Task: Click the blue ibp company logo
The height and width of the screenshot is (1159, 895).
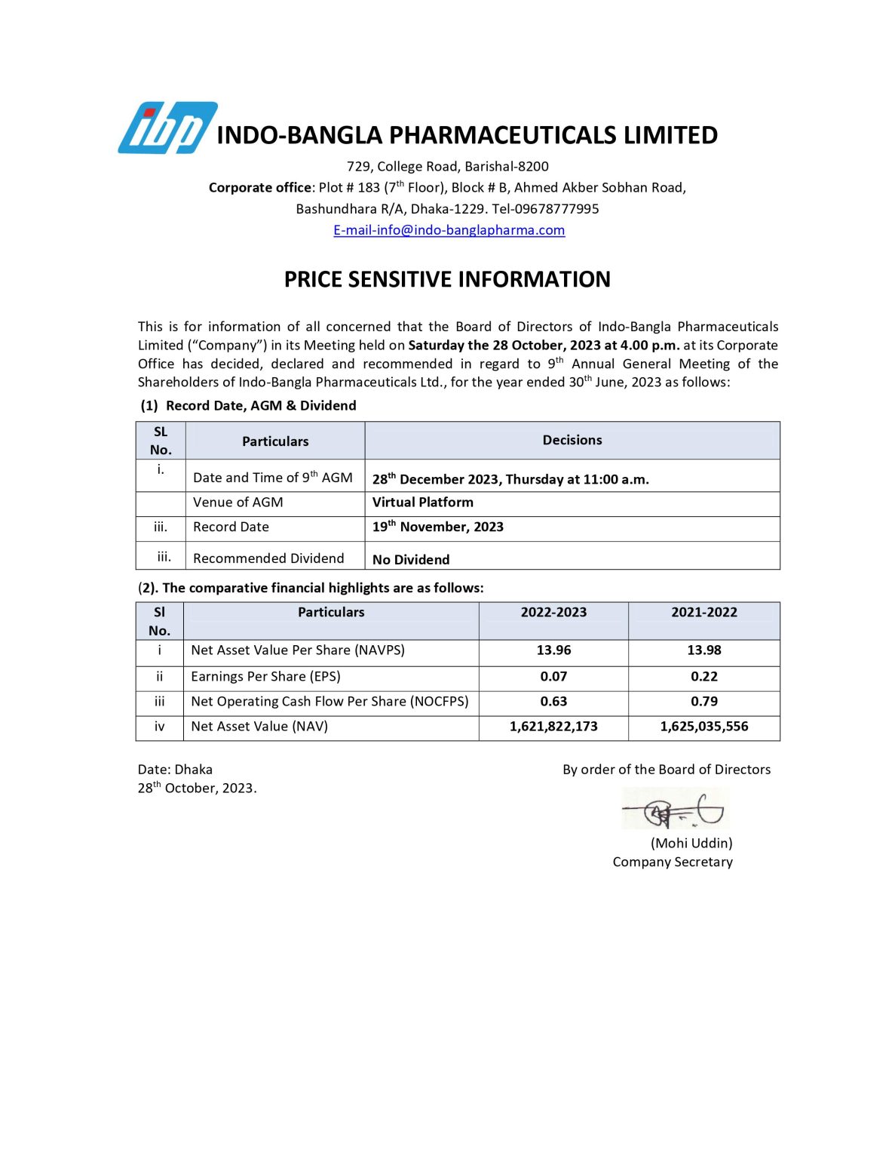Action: coord(167,128)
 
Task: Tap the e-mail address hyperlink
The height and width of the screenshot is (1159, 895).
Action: coord(449,230)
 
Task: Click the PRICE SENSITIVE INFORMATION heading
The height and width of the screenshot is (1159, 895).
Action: coord(447,279)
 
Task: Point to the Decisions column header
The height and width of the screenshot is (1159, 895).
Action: coord(572,440)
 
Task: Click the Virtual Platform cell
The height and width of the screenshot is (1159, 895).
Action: coord(422,503)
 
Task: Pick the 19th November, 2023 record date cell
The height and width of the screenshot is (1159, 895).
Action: coord(437,527)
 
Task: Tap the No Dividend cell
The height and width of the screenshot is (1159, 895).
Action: coord(410,559)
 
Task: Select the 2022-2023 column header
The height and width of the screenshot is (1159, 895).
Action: coord(553,612)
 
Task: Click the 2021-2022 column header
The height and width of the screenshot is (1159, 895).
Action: coord(703,612)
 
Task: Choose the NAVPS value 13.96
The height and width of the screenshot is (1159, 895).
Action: coord(553,650)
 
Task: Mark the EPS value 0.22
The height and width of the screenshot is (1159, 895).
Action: coord(703,677)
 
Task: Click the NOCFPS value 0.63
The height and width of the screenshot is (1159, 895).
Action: coord(553,702)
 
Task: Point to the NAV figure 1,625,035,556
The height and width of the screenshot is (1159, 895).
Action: coord(703,727)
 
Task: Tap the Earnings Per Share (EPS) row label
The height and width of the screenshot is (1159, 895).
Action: coord(265,677)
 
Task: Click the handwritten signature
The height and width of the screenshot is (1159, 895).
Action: coord(675,810)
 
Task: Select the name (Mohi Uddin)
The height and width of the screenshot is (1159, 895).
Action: coord(691,843)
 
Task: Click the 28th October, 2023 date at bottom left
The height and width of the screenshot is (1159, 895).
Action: coord(197,788)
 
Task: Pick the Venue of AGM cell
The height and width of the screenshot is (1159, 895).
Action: coord(238,503)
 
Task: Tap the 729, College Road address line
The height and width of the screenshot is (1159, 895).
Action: coord(447,167)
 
